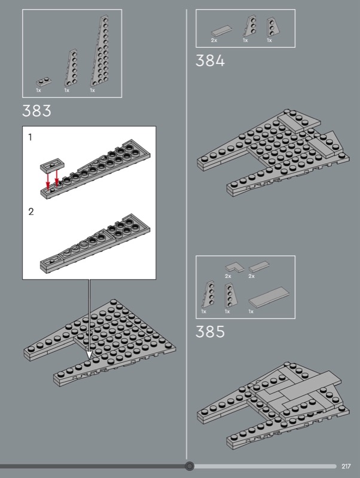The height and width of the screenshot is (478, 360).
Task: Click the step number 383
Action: (x=36, y=111)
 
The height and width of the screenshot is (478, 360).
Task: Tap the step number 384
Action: (x=210, y=61)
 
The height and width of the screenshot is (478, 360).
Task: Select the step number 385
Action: (x=210, y=332)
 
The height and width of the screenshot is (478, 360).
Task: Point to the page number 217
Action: (x=346, y=466)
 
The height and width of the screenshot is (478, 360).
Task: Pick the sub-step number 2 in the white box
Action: (x=31, y=212)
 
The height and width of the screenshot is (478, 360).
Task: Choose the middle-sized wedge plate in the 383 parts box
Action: (x=71, y=69)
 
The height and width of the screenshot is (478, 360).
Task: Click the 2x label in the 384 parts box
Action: (x=213, y=40)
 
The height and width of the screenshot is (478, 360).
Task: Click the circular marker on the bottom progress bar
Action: (x=190, y=466)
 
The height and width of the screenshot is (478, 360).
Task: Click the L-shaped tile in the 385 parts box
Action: (x=231, y=266)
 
